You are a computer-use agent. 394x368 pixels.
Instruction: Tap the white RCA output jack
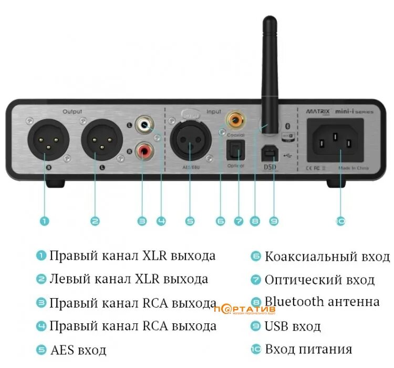(x=142, y=126)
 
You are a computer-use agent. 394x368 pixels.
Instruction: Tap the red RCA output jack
(x=142, y=152)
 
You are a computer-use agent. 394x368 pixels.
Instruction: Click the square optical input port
(x=233, y=151)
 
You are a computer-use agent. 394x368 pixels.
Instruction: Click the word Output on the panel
(x=72, y=111)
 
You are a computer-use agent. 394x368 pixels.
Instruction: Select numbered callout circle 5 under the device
(x=190, y=221)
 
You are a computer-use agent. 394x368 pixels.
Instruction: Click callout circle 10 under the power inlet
(x=340, y=221)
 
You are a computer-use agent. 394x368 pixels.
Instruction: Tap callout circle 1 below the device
(x=45, y=221)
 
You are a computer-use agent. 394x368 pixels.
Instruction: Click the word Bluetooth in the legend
(x=294, y=302)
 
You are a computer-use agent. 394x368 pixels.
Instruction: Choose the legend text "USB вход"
(x=292, y=326)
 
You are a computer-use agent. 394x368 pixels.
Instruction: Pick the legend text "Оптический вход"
(x=319, y=280)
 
